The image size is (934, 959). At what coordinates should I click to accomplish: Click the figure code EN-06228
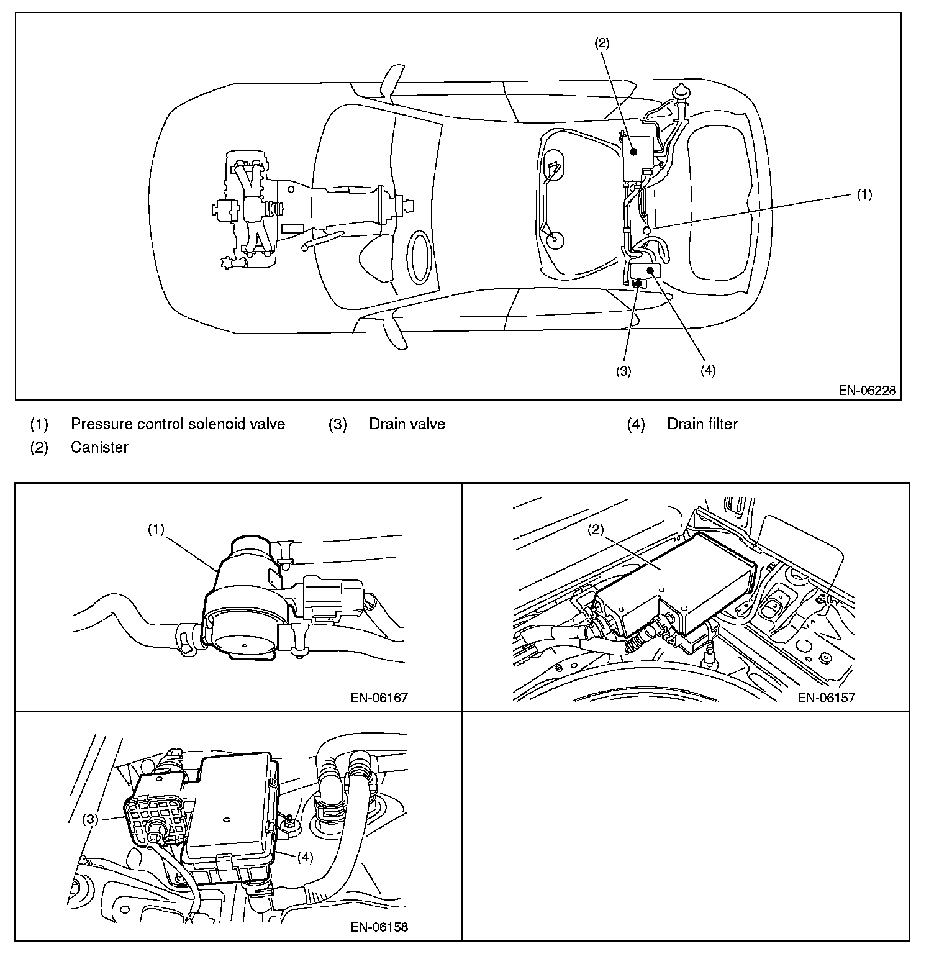(x=867, y=391)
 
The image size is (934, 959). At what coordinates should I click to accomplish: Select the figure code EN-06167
(x=379, y=698)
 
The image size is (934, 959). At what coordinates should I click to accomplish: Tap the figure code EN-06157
(x=826, y=698)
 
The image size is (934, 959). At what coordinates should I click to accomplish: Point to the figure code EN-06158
(x=379, y=927)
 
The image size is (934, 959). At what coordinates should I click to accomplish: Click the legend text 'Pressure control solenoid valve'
(x=178, y=424)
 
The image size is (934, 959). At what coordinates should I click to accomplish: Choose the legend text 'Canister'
(x=99, y=447)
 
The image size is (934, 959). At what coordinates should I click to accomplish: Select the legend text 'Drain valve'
(x=407, y=424)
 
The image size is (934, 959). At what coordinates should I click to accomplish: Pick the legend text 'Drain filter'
(x=702, y=424)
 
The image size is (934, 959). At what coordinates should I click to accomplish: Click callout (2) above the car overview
(x=602, y=43)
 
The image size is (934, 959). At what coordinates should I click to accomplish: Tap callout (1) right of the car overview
(x=864, y=195)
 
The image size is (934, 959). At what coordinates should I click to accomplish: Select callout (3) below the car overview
(x=623, y=371)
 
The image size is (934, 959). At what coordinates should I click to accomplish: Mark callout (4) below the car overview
(x=707, y=371)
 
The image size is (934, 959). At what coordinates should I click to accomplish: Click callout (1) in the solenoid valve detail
(x=156, y=529)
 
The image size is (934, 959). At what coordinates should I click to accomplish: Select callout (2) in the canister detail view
(x=596, y=529)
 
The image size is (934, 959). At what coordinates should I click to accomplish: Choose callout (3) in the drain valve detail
(x=91, y=819)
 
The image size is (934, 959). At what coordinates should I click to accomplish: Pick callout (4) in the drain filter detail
(x=304, y=857)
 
